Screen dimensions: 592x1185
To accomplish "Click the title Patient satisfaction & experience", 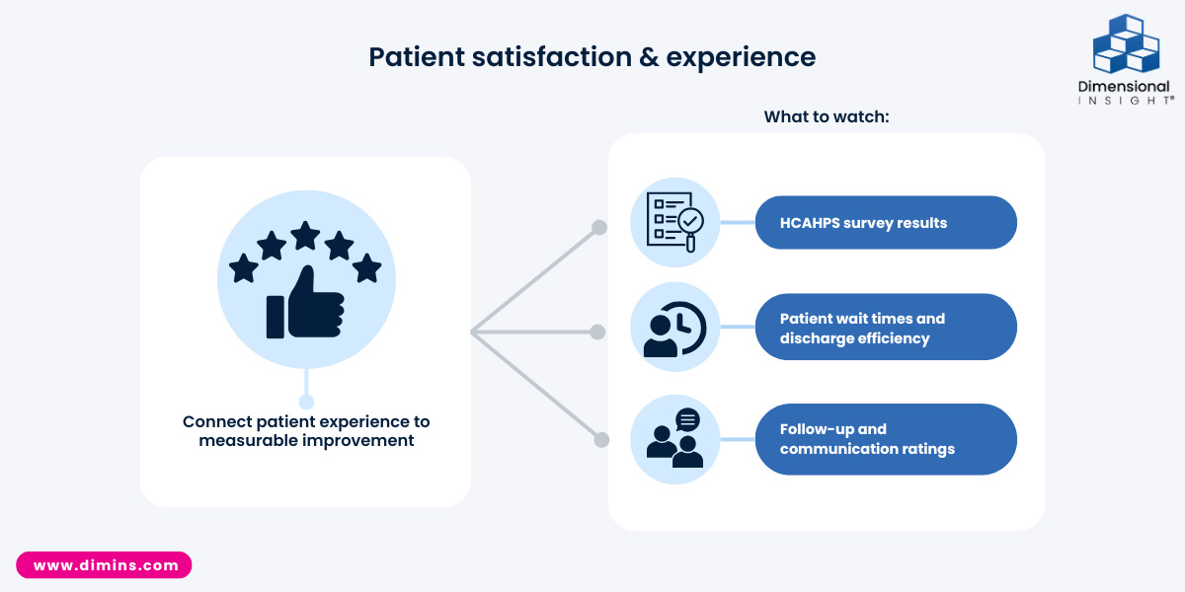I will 592,57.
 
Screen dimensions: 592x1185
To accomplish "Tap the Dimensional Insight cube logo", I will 1126,43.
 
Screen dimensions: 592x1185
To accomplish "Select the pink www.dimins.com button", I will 104,565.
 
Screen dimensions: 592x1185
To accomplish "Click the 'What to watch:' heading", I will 827,116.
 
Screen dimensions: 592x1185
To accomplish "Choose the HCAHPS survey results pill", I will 886,223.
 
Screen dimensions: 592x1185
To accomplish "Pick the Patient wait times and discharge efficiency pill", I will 886,329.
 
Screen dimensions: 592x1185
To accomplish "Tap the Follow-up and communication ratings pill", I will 886,439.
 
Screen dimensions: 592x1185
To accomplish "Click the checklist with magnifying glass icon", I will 674,223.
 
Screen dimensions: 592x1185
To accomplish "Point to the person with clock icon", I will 674,329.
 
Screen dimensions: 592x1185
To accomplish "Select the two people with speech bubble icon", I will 674,439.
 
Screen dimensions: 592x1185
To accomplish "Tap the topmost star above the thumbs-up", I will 305,235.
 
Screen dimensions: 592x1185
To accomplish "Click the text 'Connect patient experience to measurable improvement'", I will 306,431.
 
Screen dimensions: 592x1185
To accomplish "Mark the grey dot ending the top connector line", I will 597,228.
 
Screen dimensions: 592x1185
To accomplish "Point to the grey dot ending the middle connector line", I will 597,333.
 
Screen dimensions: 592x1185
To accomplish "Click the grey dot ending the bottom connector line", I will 597,439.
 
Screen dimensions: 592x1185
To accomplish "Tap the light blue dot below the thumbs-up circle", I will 306,402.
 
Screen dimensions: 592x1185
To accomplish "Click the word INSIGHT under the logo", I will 1125,101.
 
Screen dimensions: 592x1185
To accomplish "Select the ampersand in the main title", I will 647,57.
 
